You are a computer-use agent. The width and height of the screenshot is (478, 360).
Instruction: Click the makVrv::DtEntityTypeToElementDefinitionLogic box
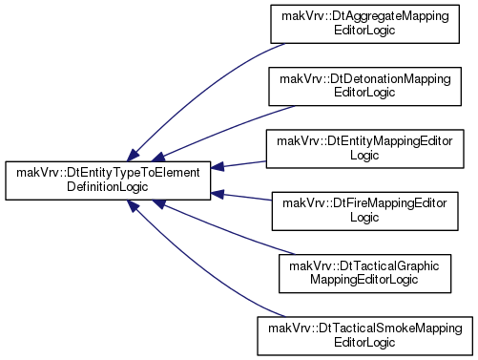(x=108, y=180)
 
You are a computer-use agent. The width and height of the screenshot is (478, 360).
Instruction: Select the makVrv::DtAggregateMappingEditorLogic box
(x=364, y=24)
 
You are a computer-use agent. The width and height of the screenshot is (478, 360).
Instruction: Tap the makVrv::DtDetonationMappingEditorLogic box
(x=364, y=86)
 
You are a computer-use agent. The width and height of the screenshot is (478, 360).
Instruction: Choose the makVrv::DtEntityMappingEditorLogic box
(x=364, y=149)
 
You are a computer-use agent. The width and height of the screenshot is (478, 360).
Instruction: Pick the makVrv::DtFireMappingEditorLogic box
(x=364, y=211)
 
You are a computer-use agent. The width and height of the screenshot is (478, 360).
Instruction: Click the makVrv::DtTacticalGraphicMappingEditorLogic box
(x=364, y=273)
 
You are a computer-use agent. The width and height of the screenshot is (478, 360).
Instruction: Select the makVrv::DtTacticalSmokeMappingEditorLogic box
(x=364, y=336)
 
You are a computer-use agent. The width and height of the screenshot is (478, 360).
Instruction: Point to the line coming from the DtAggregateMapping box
(x=197, y=93)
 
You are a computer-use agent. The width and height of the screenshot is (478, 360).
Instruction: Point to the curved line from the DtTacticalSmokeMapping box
(x=197, y=267)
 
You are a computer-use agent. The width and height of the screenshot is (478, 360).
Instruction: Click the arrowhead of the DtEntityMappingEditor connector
(x=218, y=167)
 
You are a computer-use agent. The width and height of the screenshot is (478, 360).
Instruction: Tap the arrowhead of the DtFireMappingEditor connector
(x=218, y=194)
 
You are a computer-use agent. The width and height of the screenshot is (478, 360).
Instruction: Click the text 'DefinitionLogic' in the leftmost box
(x=108, y=187)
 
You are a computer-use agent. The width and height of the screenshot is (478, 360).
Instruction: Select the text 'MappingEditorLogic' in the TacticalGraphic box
(x=364, y=280)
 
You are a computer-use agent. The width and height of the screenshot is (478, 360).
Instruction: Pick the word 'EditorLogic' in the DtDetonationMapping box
(x=364, y=93)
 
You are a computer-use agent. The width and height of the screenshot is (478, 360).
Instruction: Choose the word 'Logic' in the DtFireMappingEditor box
(x=364, y=218)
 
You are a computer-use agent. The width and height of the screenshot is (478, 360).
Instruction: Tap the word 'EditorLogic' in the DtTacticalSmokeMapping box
(x=364, y=342)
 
